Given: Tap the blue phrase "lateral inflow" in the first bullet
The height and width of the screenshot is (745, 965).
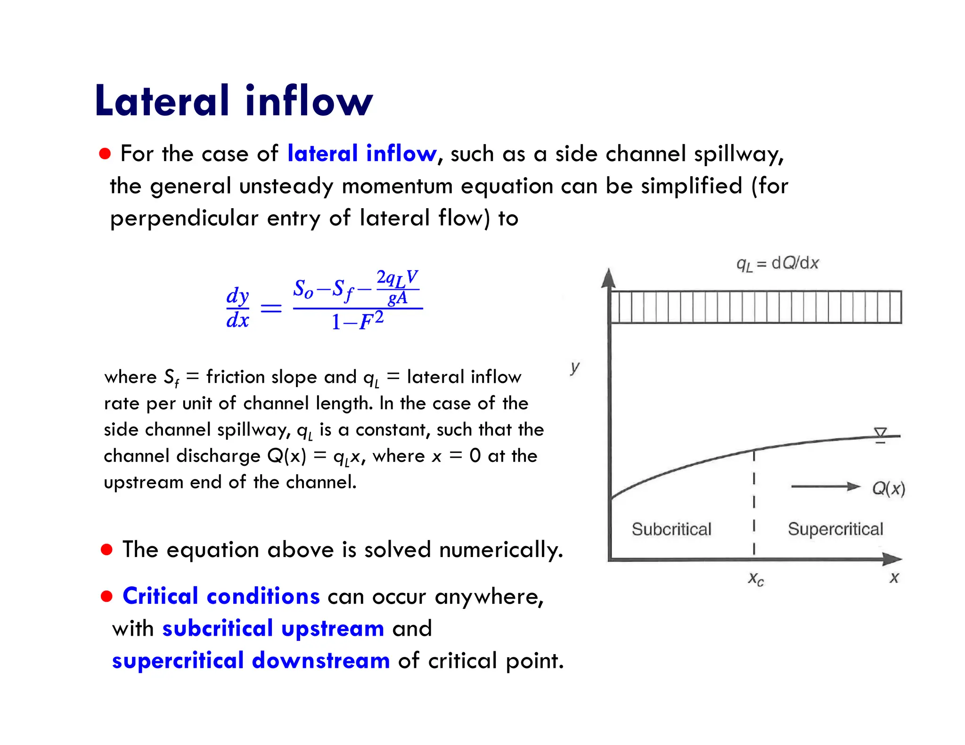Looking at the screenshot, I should (x=362, y=154).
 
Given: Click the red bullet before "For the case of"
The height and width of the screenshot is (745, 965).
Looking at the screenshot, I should (x=105, y=154).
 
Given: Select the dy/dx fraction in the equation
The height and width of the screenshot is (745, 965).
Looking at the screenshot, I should (x=237, y=308).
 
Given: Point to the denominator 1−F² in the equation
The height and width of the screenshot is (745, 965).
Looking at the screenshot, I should (x=357, y=321).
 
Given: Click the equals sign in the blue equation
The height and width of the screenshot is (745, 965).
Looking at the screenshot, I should (x=271, y=308).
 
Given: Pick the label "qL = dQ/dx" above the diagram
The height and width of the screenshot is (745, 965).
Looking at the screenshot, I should (x=777, y=264).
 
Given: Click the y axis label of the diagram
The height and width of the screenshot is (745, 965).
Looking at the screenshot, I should (x=575, y=366).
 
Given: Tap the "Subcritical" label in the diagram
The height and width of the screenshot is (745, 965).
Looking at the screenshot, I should (x=671, y=529).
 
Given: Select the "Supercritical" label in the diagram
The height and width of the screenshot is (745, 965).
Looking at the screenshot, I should (x=835, y=529).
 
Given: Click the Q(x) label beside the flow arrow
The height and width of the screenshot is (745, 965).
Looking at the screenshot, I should (x=889, y=488).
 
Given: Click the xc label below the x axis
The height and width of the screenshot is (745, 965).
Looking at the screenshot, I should (x=756, y=579).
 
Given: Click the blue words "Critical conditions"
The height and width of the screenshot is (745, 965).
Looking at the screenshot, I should (x=221, y=596).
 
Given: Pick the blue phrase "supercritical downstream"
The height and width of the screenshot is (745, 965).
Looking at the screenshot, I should (x=251, y=660).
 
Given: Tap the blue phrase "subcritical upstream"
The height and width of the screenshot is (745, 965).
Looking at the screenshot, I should (x=273, y=629).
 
